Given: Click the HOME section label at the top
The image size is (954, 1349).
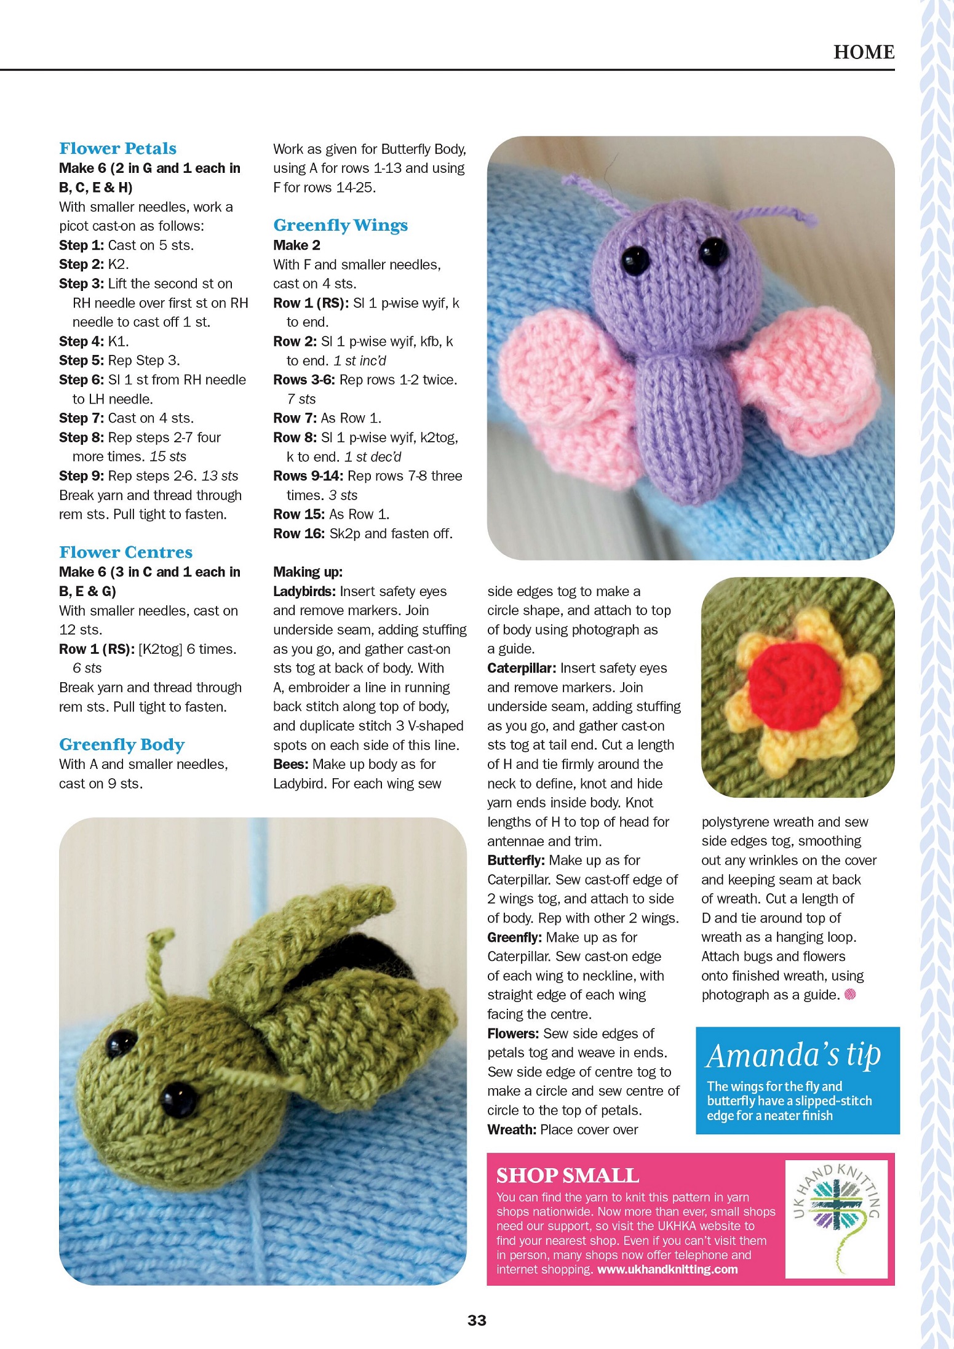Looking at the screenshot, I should [x=864, y=52].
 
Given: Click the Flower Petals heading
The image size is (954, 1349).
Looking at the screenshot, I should [x=117, y=148].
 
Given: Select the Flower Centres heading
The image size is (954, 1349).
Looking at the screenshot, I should [x=125, y=552].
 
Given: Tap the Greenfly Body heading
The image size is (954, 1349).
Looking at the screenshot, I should [x=122, y=744].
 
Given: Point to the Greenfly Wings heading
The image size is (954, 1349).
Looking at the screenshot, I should [x=340, y=225].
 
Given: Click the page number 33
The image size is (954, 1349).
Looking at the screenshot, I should [x=477, y=1320].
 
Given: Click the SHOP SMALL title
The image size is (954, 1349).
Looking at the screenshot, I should [x=567, y=1176].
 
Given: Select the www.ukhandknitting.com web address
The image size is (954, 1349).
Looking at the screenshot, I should [x=667, y=1269].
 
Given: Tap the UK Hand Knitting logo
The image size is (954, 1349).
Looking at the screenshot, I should [x=837, y=1217].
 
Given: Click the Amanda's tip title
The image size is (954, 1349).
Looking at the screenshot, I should [x=793, y=1056].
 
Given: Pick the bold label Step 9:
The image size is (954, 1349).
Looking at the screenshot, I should [x=81, y=476].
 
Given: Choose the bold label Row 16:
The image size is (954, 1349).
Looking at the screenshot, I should [x=298, y=534].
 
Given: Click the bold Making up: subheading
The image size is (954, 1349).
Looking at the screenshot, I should [x=308, y=572].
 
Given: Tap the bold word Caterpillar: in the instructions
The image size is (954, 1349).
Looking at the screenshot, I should [x=522, y=668].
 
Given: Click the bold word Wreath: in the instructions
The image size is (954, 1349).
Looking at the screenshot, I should [x=512, y=1130].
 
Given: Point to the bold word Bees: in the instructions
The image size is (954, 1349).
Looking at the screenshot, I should [x=291, y=765].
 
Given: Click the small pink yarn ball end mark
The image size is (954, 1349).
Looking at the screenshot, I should [x=850, y=995].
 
